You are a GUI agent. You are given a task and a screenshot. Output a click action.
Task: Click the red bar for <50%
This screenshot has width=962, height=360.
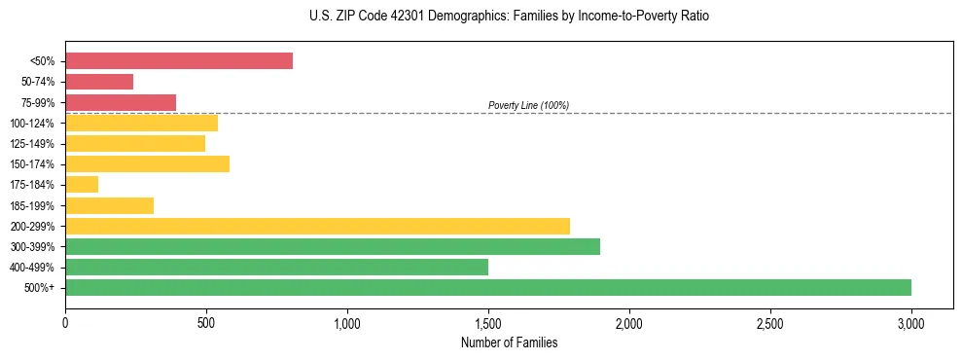pyautogui.click(x=179, y=61)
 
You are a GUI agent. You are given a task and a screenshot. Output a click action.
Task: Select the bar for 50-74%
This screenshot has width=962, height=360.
pyautogui.click(x=99, y=82)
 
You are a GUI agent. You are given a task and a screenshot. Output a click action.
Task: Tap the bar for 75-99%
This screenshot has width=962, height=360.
pyautogui.click(x=121, y=102)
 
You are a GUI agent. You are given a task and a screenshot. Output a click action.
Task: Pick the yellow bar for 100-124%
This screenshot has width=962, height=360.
pyautogui.click(x=141, y=123)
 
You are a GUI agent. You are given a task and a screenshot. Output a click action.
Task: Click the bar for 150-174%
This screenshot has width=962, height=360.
pyautogui.click(x=147, y=164)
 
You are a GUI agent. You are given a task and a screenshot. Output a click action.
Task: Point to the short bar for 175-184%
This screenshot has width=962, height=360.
pyautogui.click(x=82, y=185)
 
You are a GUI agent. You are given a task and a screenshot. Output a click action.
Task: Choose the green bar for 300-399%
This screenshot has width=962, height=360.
pyautogui.click(x=333, y=246)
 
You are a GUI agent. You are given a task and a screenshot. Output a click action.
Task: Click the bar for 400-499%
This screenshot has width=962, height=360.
pyautogui.click(x=276, y=267)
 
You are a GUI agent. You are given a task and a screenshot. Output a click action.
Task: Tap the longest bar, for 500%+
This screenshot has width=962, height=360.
pyautogui.click(x=488, y=287)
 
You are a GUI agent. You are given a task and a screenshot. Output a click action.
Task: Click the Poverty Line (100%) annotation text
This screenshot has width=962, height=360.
pyautogui.click(x=528, y=105)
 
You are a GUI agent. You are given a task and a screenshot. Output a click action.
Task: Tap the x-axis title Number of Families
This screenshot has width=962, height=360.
pyautogui.click(x=509, y=342)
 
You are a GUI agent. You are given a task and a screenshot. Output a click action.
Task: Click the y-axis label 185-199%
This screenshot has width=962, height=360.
pyautogui.click(x=33, y=205)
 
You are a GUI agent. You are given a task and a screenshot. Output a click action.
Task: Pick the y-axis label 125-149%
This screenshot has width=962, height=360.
pyautogui.click(x=33, y=144)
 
